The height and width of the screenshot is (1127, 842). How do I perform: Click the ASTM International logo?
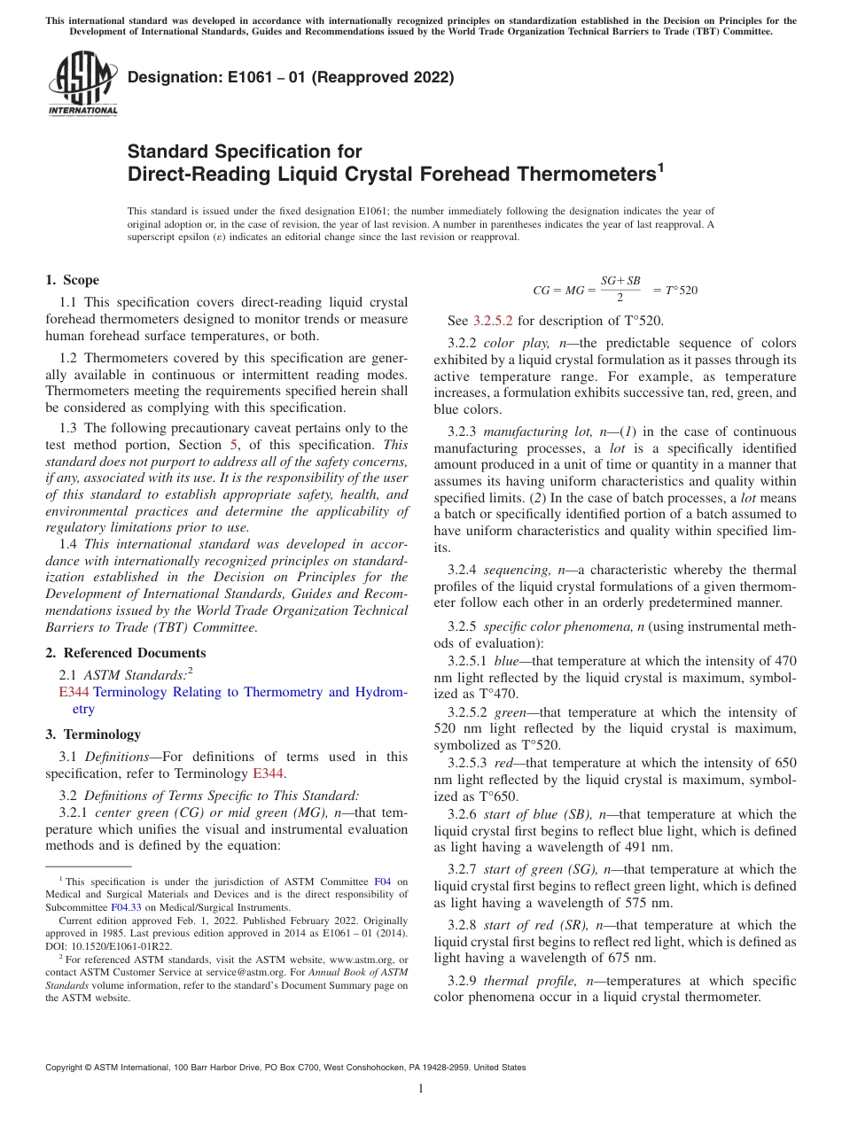point(82,84)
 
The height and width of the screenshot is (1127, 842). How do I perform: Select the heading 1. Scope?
point(73,280)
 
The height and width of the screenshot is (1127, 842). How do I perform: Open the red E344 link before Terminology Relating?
point(74,692)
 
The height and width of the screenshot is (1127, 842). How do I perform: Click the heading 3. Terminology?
point(93,734)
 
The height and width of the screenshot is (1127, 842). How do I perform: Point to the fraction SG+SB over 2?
point(620,288)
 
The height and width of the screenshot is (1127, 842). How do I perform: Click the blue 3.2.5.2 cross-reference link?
point(492,321)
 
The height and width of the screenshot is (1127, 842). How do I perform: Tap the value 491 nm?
point(640,846)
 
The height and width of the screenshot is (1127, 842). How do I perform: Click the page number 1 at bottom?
point(421,1089)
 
